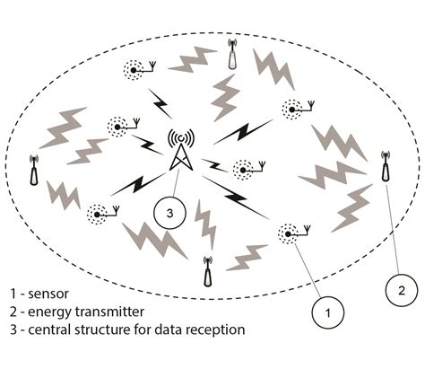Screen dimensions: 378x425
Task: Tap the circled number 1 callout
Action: [x=328, y=312]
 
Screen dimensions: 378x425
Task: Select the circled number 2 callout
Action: [x=402, y=290]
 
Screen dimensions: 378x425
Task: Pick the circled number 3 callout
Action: [x=168, y=214]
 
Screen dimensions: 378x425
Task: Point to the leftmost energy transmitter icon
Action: [x=34, y=171]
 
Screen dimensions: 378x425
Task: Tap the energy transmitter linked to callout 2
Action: [x=386, y=163]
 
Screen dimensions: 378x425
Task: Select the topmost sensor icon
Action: [x=137, y=68]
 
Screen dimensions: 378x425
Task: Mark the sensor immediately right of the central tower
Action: [x=242, y=168]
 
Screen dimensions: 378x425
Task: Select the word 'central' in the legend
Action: [x=51, y=330]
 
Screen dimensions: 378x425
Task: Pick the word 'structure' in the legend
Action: [x=107, y=330]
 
